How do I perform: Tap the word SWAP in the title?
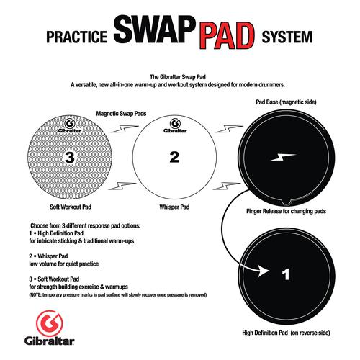[153, 30]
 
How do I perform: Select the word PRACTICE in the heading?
[76, 37]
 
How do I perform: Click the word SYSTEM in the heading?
[287, 37]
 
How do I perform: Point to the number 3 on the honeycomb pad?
[70, 158]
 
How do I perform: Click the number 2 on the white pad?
[174, 157]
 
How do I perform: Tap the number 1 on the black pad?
[286, 274]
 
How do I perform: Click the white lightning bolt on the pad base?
[283, 157]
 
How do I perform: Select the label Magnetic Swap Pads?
[121, 114]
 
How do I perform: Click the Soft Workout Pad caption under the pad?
[71, 207]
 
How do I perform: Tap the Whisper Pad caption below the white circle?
[174, 207]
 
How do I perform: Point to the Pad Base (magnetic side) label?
[286, 102]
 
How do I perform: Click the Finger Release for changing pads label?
[286, 211]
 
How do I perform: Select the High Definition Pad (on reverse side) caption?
[286, 333]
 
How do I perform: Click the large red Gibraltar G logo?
[49, 323]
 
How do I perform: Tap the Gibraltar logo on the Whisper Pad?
[175, 126]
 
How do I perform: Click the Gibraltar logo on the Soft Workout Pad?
[70, 126]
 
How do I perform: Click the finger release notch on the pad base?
[286, 202]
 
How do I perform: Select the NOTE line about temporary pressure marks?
[118, 294]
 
